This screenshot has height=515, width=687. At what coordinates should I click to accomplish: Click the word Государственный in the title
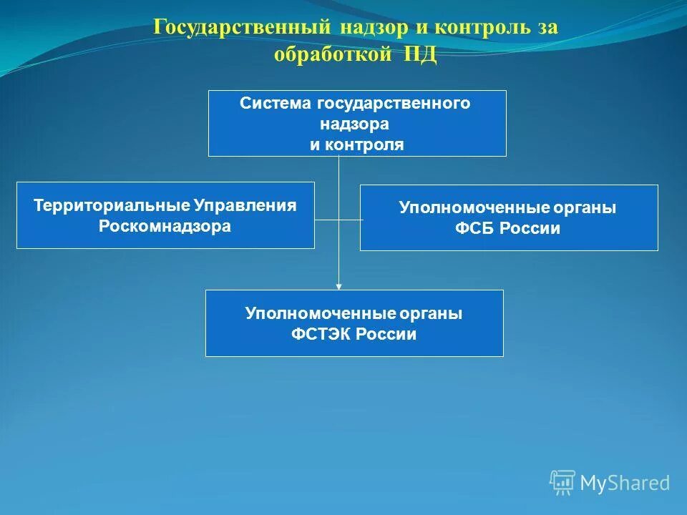click(x=241, y=29)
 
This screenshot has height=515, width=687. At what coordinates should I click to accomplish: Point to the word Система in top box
click(x=276, y=103)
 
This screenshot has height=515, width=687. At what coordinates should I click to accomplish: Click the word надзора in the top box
click(x=355, y=124)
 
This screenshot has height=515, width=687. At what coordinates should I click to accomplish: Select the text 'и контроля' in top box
click(x=356, y=144)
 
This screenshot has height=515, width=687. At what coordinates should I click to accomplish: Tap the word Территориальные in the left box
click(x=111, y=206)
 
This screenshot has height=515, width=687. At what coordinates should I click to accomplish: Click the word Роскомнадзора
click(x=165, y=227)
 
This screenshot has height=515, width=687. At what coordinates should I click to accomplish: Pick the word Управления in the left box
click(x=244, y=206)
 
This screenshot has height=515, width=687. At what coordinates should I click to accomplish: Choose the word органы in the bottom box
click(x=429, y=313)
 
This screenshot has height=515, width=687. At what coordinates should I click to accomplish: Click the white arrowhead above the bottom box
click(x=339, y=286)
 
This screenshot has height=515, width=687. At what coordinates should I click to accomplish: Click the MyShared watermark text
click(x=625, y=483)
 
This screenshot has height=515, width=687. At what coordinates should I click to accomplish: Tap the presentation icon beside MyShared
click(x=562, y=482)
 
